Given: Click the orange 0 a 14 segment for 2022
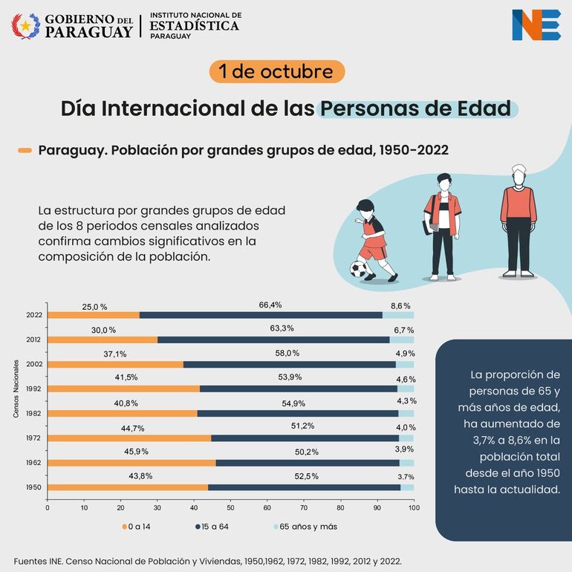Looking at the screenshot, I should [94, 315].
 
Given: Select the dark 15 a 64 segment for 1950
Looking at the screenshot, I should [305, 487].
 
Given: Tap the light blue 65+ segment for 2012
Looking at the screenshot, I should [402, 339].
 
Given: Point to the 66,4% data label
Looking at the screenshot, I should [270, 305].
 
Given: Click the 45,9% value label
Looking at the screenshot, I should [134, 451].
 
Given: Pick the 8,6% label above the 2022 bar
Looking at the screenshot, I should [400, 305].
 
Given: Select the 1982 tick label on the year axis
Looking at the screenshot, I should [33, 414].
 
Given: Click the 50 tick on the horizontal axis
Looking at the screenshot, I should [230, 508].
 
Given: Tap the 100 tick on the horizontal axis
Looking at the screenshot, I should [414, 508].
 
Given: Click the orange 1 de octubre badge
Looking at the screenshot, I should [277, 71].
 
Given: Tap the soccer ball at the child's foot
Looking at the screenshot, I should [360, 268].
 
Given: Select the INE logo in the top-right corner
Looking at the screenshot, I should [536, 25].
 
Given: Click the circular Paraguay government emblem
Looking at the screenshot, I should [26, 26].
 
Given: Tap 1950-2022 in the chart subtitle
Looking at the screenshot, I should [413, 150].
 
